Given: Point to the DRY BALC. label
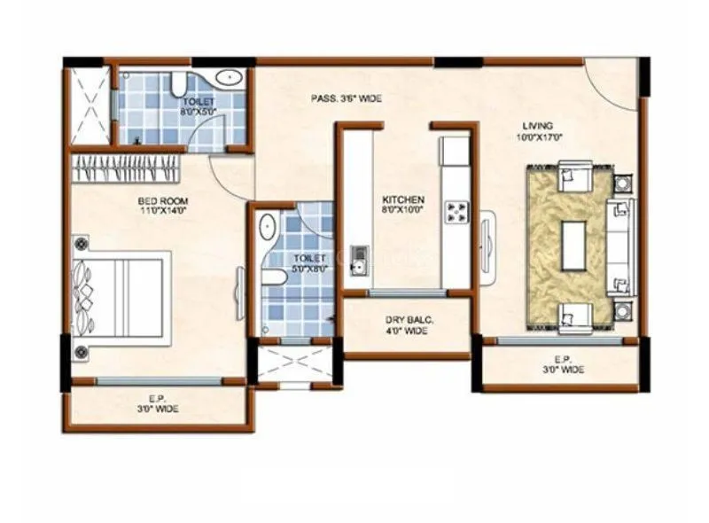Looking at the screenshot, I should coord(407,325).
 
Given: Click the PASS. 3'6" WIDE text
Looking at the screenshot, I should coord(347,98).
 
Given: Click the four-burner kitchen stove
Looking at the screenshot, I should coord(456,211).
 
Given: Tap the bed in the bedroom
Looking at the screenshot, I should coord(121,296).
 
